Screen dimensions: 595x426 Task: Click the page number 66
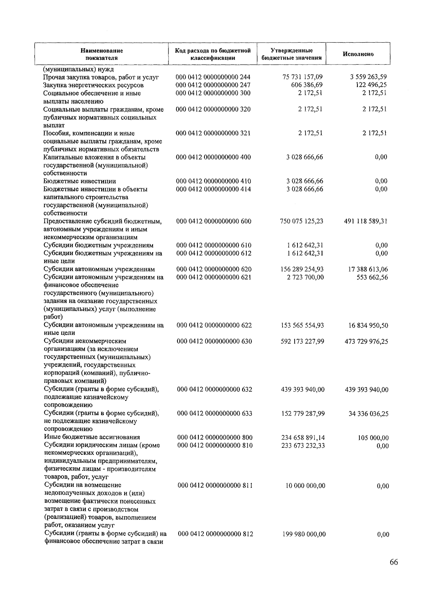pos(394,562)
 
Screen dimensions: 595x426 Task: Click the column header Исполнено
pos(358,54)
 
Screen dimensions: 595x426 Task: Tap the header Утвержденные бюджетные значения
pos(291,54)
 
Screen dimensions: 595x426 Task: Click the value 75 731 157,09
pos(302,77)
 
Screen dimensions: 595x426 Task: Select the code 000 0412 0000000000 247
pos(213,85)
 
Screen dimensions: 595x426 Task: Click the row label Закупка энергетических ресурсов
pos(93,85)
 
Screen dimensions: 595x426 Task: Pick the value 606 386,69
pos(306,85)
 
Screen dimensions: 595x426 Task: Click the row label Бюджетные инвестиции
pos(80,181)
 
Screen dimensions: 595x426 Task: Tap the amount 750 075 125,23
pos(302,221)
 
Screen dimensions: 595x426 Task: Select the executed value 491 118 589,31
pos(366,221)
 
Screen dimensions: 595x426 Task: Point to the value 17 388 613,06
pos(368,269)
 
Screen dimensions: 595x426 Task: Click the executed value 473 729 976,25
pos(366,342)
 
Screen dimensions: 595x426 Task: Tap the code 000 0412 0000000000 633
pos(214,414)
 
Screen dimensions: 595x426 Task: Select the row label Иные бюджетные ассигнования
pos(92,437)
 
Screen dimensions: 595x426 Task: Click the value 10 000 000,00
pos(305,486)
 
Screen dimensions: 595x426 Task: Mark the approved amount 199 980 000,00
pos(304,534)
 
